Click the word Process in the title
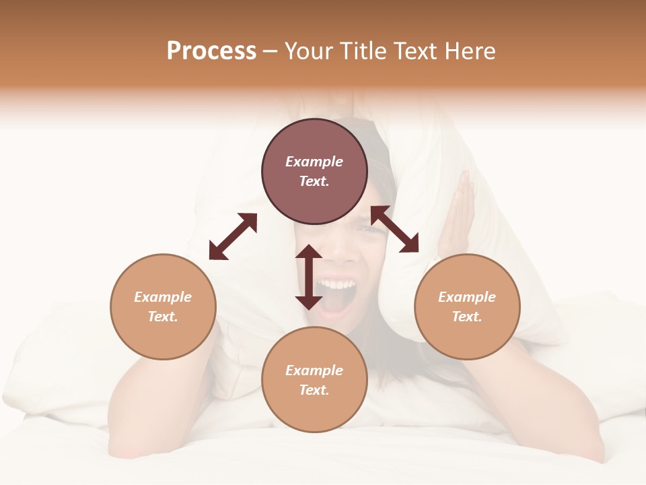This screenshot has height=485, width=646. pos(211,51)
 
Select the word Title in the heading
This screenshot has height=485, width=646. pos(363,51)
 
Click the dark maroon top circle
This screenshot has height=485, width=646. pos(314,171)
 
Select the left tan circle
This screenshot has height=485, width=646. pos(163,306)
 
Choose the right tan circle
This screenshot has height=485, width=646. pos(467,306)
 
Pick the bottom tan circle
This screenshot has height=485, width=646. pos(314,380)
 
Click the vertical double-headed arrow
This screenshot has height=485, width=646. pos(309,277)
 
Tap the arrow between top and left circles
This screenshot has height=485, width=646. pos(233,236)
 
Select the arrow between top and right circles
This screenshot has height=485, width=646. pos(395,229)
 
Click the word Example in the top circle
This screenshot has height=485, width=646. pos(314,162)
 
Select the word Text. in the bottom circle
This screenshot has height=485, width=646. pos(314,390)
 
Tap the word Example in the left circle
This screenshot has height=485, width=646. pos(163,297)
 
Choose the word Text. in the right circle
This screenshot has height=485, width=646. pos(467,317)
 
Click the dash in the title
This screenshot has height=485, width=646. pos(271,51)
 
